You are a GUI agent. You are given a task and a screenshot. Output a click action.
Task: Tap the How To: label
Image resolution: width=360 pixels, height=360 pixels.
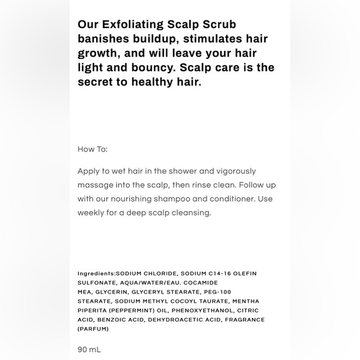[92, 150]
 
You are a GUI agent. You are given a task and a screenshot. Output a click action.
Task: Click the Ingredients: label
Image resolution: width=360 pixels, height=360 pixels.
[96, 274]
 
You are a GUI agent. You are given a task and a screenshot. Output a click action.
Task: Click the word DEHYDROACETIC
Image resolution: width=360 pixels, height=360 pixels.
[177, 320]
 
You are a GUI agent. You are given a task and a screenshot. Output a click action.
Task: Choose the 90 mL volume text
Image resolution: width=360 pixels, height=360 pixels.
[89, 350]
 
